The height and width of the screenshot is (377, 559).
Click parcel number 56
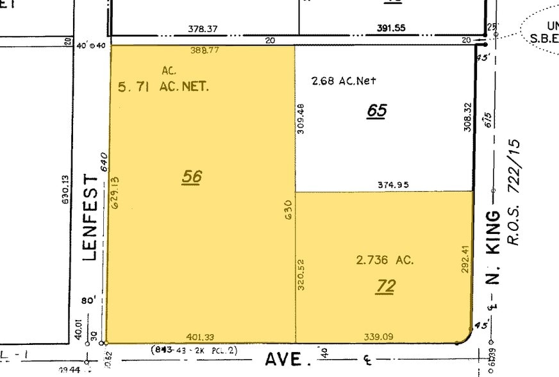192,176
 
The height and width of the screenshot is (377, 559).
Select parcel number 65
377,110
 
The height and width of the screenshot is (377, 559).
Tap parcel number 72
386,286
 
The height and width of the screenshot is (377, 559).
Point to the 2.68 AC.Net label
343,81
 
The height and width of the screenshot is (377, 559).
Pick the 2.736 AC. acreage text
385,260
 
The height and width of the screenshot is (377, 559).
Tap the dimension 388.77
204,50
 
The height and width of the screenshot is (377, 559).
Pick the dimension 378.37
203,29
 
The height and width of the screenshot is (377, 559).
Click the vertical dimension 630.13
65,190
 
